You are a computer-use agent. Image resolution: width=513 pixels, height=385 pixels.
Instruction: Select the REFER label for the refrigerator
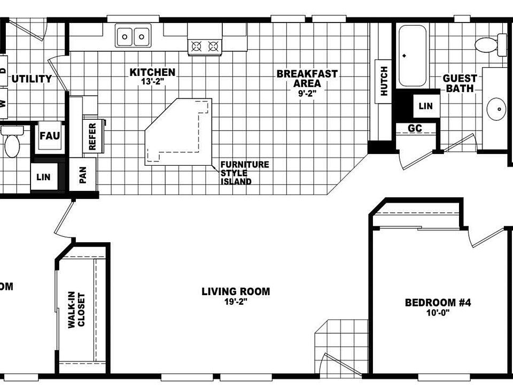click(92, 136)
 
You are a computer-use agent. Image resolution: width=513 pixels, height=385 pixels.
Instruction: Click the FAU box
click(50, 136)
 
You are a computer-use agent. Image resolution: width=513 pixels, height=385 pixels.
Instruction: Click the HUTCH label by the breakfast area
click(384, 80)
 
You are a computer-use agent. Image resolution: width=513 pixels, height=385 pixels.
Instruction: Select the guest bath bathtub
click(413, 56)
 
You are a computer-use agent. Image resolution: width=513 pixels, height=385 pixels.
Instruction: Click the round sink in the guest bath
click(497, 110)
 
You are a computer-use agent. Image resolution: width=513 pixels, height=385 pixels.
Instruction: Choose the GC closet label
click(415, 128)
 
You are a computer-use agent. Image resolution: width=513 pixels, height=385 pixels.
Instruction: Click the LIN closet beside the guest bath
click(425, 106)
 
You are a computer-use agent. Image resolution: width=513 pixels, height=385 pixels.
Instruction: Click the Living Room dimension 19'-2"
click(235, 302)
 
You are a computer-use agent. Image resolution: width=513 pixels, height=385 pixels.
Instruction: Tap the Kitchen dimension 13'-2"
click(152, 82)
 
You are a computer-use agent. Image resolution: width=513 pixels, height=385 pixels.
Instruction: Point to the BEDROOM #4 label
click(437, 303)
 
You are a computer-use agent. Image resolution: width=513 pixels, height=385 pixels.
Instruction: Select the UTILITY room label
click(32, 79)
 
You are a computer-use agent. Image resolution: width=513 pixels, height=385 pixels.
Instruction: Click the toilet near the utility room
click(11, 142)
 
